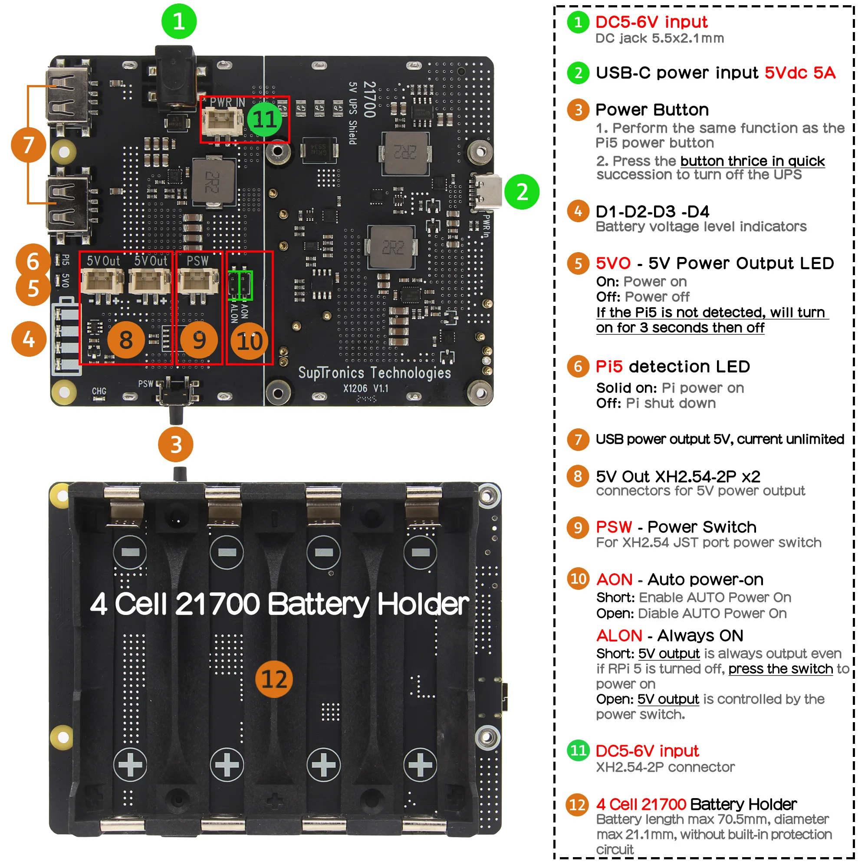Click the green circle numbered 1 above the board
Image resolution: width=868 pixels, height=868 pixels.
pos(179,21)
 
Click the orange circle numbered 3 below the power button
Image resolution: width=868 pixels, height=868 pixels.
pos(176,445)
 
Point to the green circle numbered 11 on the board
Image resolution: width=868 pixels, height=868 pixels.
pos(264,119)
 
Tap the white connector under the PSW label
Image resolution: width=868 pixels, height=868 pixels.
pos(197,281)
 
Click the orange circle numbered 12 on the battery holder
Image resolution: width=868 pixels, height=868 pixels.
pos(274,679)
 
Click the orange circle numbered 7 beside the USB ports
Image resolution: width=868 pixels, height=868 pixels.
pos(28,145)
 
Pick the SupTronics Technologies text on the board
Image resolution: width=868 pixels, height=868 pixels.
pos(374,372)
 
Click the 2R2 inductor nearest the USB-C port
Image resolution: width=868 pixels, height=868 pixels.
pos(405,153)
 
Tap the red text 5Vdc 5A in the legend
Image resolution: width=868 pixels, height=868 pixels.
pos(800,73)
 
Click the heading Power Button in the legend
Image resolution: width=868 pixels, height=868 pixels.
pos(652,110)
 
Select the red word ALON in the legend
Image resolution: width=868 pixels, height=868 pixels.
pos(619,635)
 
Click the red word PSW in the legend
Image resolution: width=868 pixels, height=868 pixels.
pos(614,526)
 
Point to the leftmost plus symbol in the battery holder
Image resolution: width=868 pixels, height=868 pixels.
pos(130,764)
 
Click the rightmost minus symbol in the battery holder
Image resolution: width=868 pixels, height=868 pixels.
pos(420,552)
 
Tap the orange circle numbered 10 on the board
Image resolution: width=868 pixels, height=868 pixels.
pos(250,342)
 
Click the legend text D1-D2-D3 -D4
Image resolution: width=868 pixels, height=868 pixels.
pos(652,211)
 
